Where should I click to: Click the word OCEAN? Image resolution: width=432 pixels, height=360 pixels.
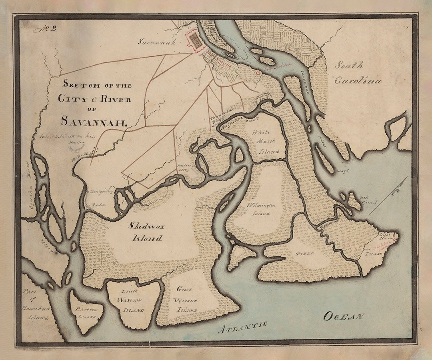click(343, 316)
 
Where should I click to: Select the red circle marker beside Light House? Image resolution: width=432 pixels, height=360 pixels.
click(395, 240)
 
